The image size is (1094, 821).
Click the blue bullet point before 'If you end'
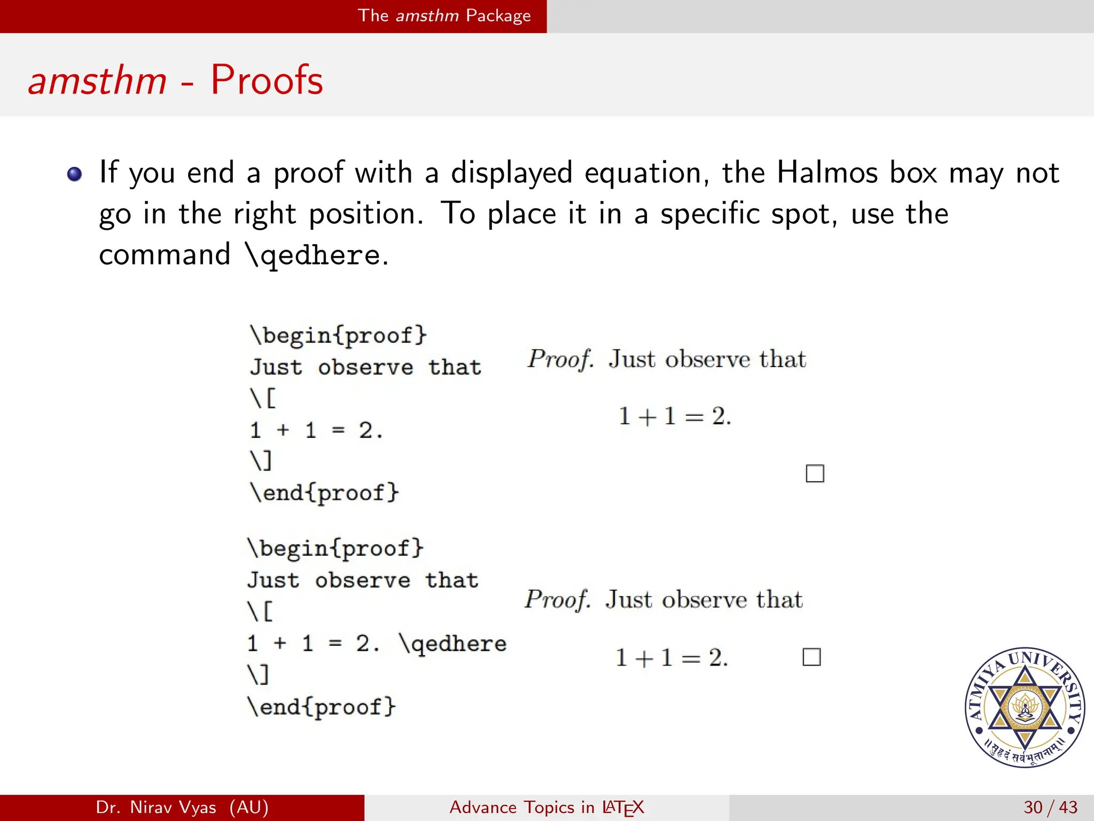74,174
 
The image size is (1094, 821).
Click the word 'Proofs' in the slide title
267,80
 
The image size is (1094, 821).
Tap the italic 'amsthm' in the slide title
97,80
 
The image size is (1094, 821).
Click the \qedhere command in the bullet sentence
313,255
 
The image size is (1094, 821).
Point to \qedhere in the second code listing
453,643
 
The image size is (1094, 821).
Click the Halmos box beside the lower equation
811,657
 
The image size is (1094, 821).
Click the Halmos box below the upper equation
815,474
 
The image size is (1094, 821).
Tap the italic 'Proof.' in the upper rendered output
560,359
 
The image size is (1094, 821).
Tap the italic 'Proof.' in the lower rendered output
557,600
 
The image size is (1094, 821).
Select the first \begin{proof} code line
339,336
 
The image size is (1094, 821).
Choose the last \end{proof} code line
322,707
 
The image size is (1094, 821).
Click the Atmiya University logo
1025,707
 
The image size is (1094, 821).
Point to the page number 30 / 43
1050,807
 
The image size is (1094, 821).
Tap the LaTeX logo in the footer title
623,808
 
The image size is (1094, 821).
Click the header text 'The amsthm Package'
444,16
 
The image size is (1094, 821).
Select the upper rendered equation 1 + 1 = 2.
675,416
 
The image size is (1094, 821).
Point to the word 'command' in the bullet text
165,255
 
